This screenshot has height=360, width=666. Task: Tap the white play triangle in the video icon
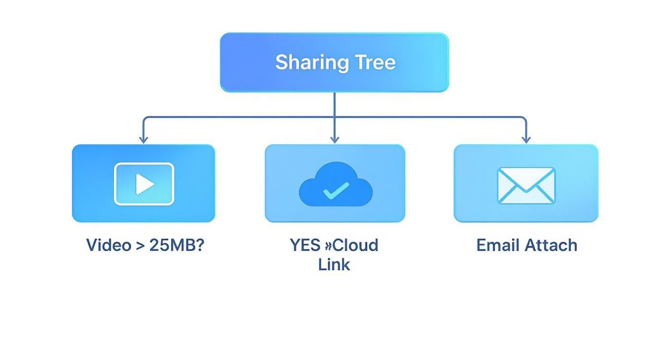pos(144,184)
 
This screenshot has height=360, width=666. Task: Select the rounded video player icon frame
pos(144,184)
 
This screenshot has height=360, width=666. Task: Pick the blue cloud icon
pos(335,184)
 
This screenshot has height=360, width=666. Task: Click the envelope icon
pos(526,185)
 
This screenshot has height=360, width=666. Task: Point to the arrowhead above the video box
pos(143,139)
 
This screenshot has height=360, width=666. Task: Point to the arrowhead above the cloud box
pos(334,139)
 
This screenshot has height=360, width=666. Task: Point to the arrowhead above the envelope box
pos(526,139)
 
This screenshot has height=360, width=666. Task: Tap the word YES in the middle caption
pos(305,245)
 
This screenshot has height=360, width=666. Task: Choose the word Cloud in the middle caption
pos(355,245)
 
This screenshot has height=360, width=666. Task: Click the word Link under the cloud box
pos(334,264)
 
